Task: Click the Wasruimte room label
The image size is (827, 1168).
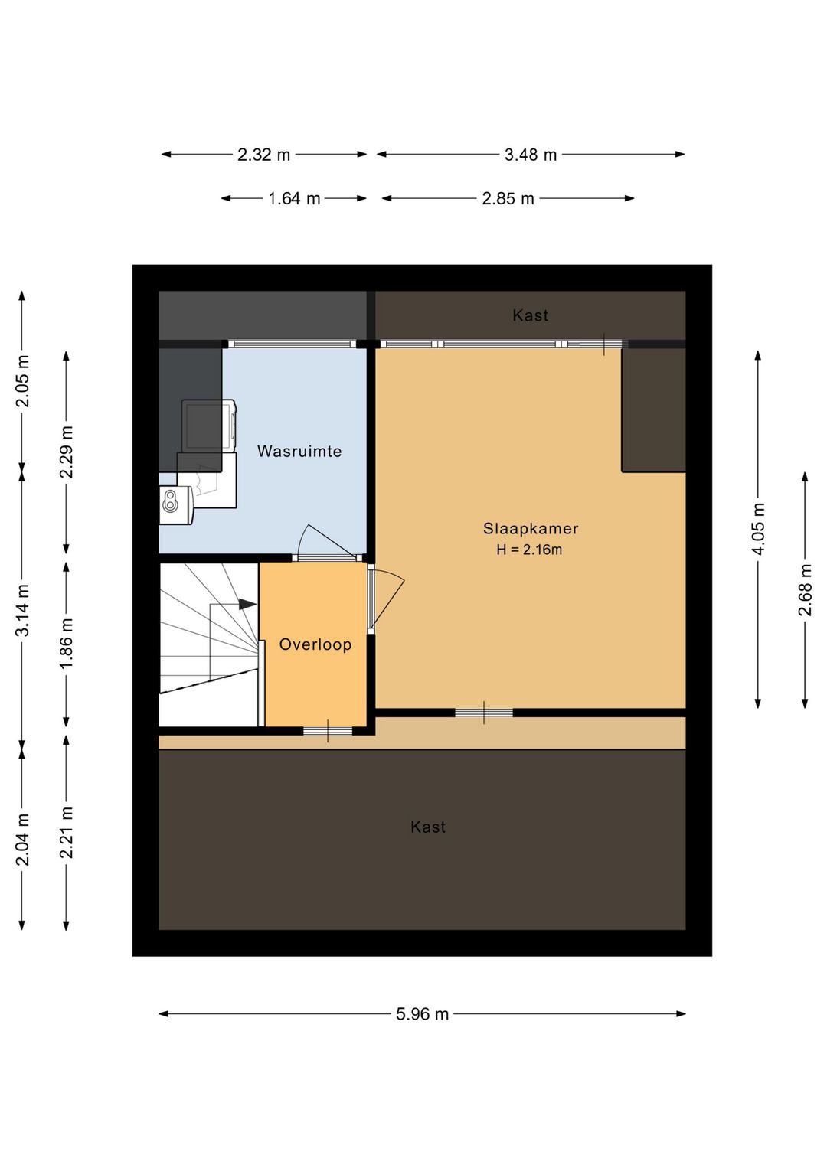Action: click(x=299, y=451)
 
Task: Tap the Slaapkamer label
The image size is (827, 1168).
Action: click(x=531, y=529)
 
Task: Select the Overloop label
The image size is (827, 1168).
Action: click(x=315, y=644)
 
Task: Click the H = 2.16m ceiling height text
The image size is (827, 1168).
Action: click(x=529, y=550)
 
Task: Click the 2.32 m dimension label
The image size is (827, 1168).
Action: click(x=263, y=155)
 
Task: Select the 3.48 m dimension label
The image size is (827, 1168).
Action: click(x=530, y=155)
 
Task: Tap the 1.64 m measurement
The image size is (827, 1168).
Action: click(x=294, y=199)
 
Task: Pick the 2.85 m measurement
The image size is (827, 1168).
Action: click(x=508, y=199)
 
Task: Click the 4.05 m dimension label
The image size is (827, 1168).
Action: click(x=758, y=529)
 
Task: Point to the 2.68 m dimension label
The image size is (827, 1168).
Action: click(x=805, y=589)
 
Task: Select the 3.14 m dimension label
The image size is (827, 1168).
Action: click(x=22, y=610)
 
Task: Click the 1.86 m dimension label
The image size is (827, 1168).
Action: click(x=67, y=643)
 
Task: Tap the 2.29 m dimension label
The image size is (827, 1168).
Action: click(x=67, y=452)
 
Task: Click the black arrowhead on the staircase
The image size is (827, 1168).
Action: click(x=247, y=605)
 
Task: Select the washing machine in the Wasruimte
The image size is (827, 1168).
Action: click(x=209, y=426)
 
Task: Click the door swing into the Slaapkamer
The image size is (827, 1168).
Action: click(x=386, y=599)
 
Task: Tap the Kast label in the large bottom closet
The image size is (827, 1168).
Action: click(x=428, y=827)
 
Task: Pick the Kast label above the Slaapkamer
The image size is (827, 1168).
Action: click(x=530, y=315)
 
